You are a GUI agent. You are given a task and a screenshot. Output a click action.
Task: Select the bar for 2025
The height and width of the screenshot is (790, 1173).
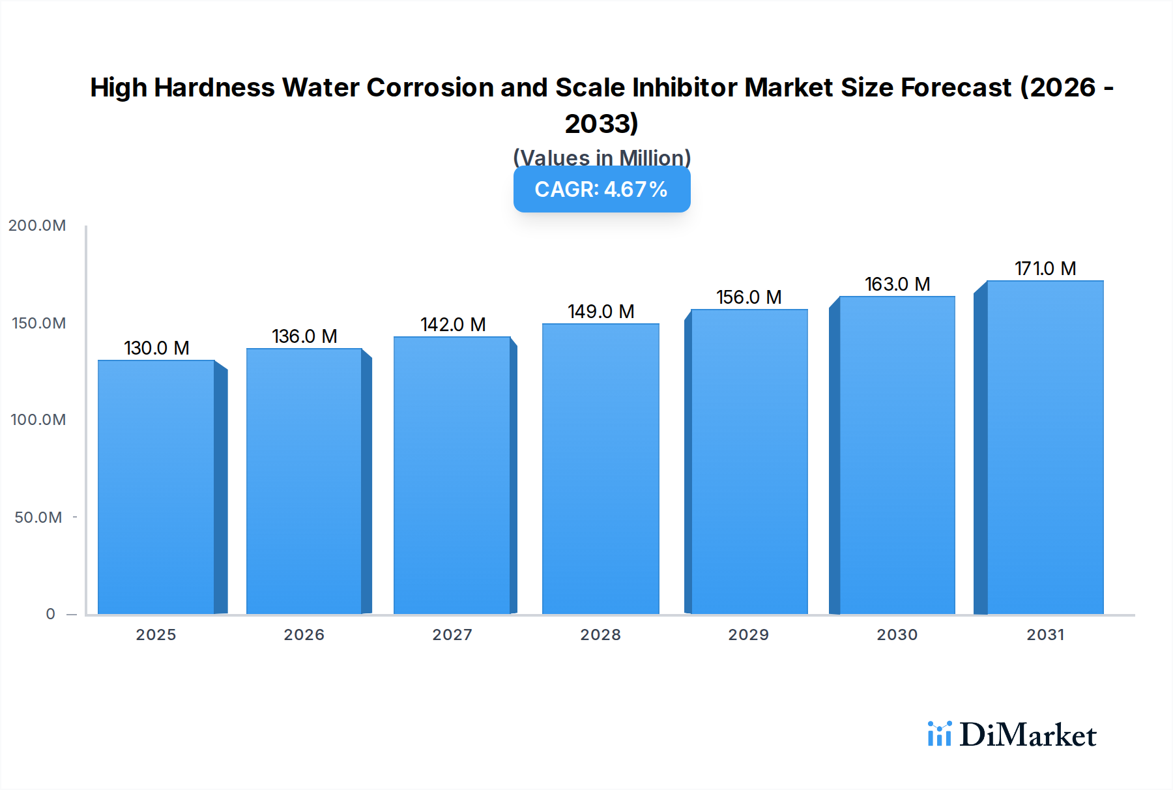pos(156,487)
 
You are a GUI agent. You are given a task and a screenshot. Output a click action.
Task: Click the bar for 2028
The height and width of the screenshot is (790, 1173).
pos(600,469)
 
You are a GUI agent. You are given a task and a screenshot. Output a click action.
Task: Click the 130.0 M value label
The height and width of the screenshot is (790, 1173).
pos(156,348)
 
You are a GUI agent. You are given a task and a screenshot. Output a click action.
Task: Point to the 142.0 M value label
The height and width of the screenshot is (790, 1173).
pos(453,325)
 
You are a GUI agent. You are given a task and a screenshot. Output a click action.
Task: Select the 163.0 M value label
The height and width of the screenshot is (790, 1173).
pos(897,284)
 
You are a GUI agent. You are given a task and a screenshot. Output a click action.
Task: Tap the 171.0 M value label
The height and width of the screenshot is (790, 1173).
pos(1045,269)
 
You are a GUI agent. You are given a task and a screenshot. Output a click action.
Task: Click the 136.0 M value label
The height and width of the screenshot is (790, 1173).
pos(304,336)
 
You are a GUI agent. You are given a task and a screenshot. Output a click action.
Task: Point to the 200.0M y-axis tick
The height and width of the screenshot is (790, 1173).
pos(37,226)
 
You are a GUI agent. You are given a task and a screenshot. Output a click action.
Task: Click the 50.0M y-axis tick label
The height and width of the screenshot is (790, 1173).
pos(38,518)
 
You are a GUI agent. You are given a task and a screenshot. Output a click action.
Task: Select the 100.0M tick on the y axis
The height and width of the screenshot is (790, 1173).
pos(38,420)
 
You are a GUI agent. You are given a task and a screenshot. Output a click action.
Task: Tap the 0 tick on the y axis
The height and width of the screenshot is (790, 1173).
pos(51,614)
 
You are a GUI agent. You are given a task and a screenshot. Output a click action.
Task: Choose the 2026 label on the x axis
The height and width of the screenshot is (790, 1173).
pos(304,635)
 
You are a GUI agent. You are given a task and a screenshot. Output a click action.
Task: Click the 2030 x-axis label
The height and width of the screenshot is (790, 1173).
pos(897,635)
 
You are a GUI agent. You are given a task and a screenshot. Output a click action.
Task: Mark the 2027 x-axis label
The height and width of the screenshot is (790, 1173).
pos(452,635)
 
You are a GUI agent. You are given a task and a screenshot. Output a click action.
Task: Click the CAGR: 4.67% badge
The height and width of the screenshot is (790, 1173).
pos(601,190)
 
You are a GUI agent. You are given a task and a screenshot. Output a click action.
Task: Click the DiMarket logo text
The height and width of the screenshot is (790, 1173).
pos(1027,735)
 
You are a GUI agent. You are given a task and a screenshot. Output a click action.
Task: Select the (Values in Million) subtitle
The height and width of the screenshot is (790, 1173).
pos(601,157)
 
